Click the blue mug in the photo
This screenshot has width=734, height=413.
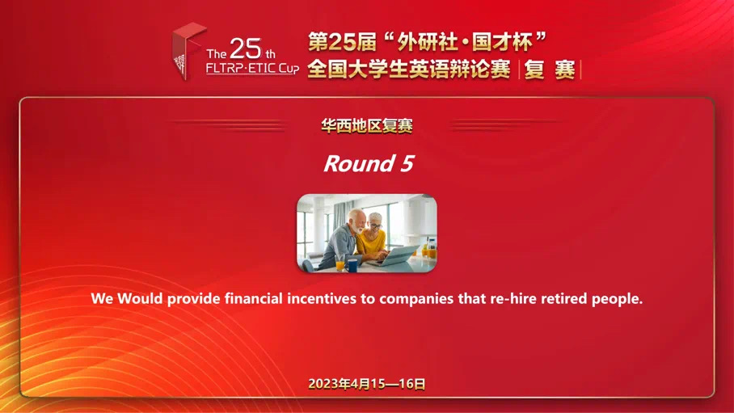[352, 265]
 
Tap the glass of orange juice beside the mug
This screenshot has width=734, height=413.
[340, 265]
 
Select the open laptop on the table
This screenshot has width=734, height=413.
[393, 255]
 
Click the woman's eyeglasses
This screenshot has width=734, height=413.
[376, 225]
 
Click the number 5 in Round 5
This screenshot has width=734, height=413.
[407, 163]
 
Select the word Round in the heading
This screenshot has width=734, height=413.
[359, 163]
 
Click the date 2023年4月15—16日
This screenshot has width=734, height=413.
[366, 384]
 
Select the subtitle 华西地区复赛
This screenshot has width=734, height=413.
[366, 125]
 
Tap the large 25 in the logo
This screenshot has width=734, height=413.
[246, 48]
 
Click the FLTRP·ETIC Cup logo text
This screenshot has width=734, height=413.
[252, 69]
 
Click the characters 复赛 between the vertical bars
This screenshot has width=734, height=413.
[550, 70]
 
